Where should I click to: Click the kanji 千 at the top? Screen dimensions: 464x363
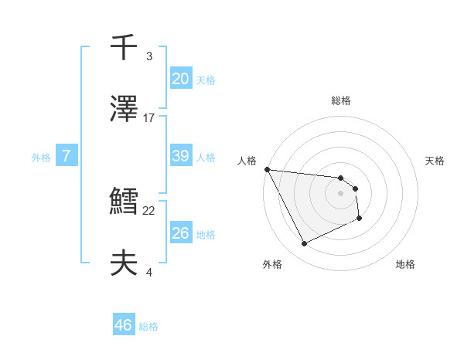124,48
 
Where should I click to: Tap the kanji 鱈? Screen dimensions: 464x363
124,202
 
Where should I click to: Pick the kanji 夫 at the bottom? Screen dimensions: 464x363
124,263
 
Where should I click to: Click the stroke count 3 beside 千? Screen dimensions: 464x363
149,56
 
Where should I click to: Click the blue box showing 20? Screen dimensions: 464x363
180,79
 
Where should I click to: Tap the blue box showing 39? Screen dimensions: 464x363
180,156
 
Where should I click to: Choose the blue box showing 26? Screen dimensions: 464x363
180,233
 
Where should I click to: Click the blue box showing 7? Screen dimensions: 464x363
67,156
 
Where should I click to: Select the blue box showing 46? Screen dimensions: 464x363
124,325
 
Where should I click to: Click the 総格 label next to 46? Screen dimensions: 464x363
148,327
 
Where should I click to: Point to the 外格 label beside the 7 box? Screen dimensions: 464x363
41,158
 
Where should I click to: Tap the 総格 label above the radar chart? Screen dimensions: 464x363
341,100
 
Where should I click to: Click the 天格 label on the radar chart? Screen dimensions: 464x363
435,161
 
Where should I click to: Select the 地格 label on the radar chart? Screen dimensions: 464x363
405,264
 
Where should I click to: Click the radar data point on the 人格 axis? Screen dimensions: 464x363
267,169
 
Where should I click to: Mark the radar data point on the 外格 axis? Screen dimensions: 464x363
304,244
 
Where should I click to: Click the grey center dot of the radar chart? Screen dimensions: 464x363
341,193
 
